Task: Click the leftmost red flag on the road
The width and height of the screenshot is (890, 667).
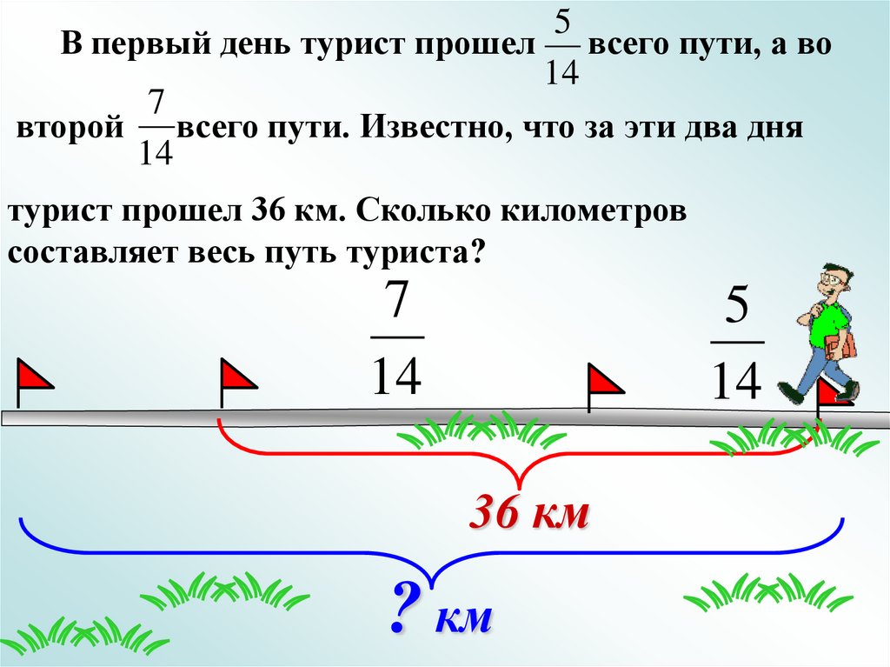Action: pos(33,377)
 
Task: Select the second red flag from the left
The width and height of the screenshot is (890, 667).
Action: pos(236,377)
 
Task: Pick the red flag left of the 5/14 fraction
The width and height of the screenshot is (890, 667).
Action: pos(605,382)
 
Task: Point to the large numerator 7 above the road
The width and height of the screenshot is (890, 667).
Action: pos(396,303)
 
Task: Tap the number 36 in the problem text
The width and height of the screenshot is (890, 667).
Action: pos(269,214)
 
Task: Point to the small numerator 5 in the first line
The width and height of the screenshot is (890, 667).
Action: pos(562,19)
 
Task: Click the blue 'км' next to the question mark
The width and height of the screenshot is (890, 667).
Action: pos(465,618)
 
